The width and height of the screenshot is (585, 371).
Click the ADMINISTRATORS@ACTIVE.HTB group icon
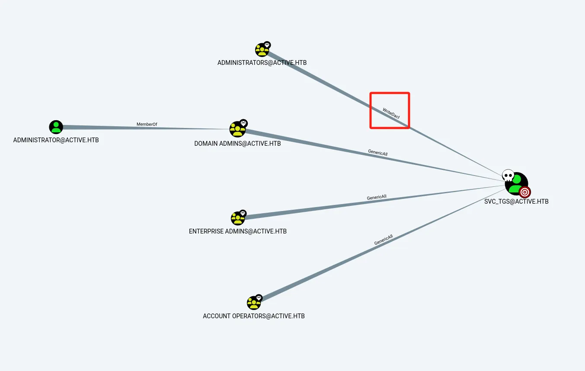(262, 50)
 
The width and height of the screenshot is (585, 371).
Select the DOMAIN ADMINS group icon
(237, 129)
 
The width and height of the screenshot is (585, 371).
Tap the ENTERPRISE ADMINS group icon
(238, 218)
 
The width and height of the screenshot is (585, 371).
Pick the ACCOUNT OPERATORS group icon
(254, 303)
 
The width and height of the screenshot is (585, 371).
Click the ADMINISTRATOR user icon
(56, 127)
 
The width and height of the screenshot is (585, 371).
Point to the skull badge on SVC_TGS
(508, 175)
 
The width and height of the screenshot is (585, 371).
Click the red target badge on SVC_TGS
(524, 192)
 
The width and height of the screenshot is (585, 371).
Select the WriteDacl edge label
(391, 113)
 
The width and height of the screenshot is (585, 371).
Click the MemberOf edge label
(147, 125)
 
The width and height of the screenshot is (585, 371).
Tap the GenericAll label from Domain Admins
(377, 152)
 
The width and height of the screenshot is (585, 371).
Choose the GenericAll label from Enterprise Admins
(377, 197)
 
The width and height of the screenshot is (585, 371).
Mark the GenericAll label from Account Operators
(384, 240)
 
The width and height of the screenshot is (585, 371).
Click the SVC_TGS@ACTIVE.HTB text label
(516, 201)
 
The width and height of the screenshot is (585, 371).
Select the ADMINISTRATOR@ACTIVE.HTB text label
(56, 140)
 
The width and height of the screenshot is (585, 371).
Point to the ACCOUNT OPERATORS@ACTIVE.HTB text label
(254, 316)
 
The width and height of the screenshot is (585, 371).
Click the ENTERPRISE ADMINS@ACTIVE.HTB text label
(238, 231)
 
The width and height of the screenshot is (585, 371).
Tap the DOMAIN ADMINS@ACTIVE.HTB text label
(237, 144)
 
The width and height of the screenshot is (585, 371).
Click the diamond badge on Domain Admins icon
(243, 123)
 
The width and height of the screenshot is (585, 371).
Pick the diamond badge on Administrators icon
(267, 45)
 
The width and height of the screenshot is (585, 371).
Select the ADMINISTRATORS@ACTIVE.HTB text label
(262, 63)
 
